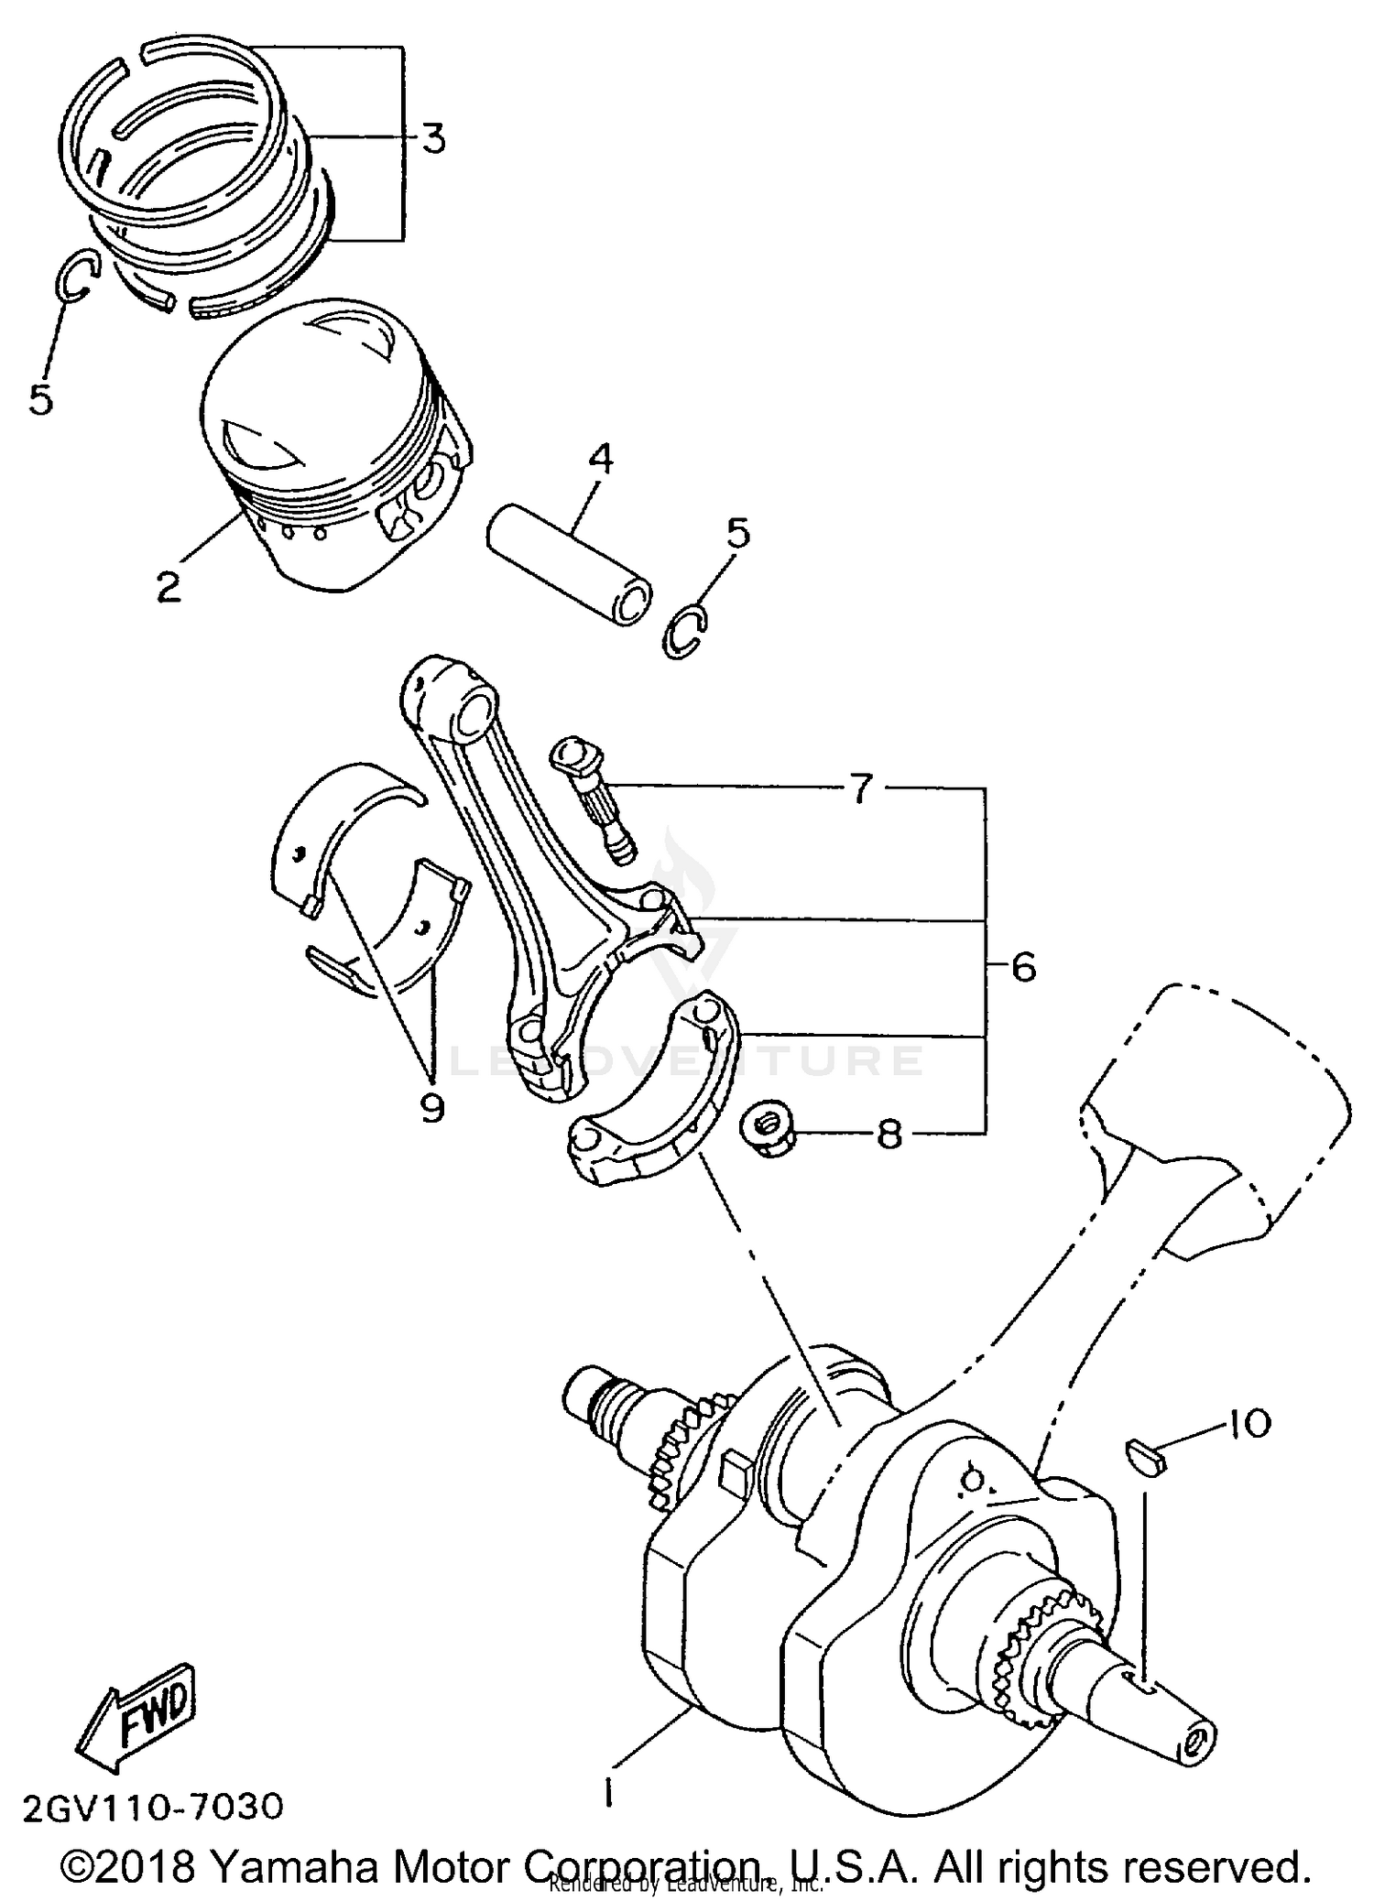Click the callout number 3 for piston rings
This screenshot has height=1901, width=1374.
coord(433,139)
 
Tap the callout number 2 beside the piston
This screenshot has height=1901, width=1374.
coord(169,586)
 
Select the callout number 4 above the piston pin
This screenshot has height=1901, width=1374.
coord(600,460)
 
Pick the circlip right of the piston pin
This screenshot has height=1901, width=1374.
coord(685,633)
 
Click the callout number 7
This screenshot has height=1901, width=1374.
coord(860,788)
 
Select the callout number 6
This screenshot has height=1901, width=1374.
coord(1022,966)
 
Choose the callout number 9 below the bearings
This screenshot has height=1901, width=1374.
coord(431,1107)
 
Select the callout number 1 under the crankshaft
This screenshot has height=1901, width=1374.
coord(607,1790)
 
